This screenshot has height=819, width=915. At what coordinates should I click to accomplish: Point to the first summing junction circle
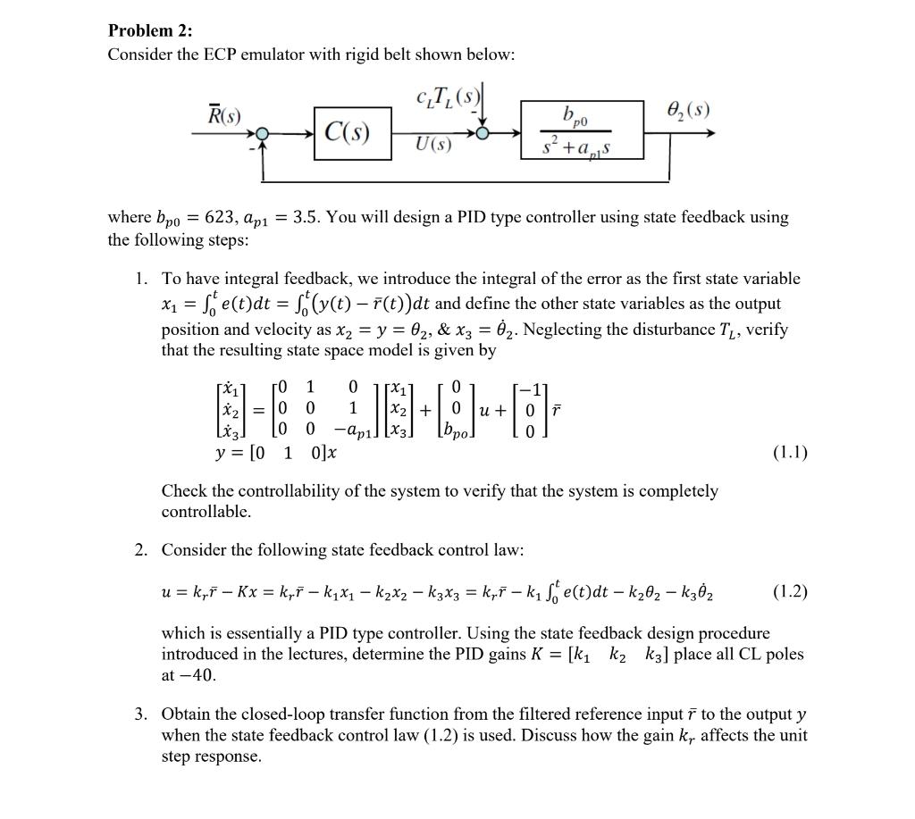(x=261, y=133)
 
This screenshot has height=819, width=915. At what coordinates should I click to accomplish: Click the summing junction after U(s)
(x=482, y=133)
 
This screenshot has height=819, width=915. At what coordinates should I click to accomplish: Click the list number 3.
(x=141, y=715)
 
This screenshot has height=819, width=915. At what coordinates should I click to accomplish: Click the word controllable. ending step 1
(x=206, y=513)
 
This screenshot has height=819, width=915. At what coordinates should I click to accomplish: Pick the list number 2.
(x=141, y=550)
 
